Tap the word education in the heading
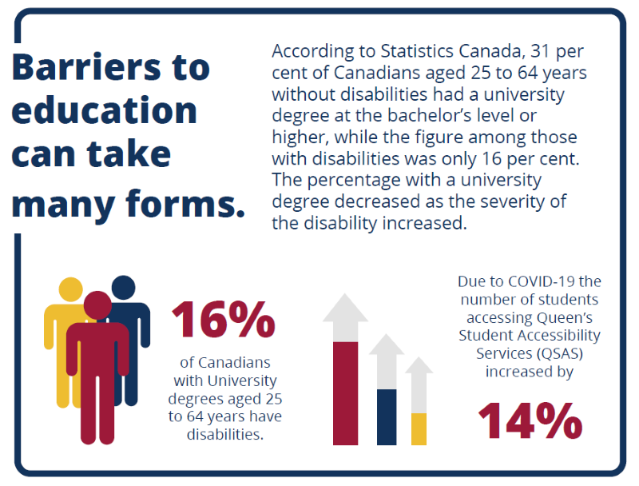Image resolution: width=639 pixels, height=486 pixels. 104,110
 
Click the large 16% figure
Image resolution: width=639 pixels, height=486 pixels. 224,319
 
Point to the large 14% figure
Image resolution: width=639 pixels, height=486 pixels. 530,420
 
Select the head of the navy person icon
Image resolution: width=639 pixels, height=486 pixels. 123,289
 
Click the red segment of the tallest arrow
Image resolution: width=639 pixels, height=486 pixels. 345,392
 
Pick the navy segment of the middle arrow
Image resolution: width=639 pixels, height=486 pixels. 387,416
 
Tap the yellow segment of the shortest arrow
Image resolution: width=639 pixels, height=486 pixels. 419,428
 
